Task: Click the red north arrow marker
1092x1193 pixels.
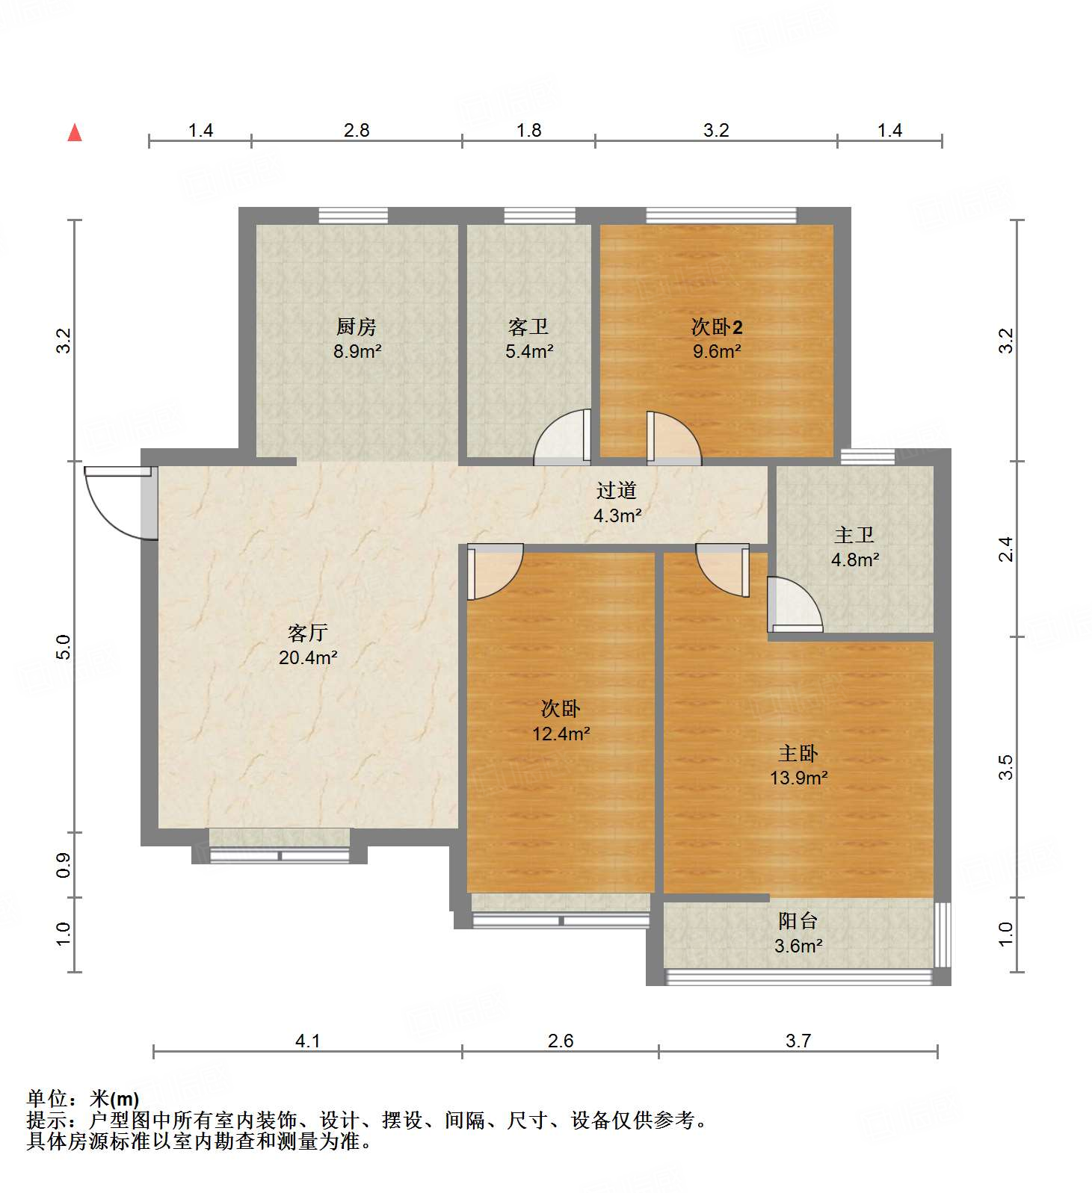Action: [x=75, y=133]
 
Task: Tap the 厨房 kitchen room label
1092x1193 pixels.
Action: [x=356, y=326]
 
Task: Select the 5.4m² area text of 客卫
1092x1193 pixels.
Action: [x=529, y=351]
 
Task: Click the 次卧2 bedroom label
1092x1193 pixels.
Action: [x=716, y=326]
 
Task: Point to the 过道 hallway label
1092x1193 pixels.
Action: [x=617, y=490]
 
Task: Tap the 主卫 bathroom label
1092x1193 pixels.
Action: [x=854, y=535]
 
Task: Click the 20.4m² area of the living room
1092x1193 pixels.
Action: [x=308, y=658]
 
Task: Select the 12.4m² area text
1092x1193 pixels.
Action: [x=561, y=734]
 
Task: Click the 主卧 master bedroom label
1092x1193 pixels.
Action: [x=798, y=753]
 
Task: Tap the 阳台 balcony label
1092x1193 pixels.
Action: [x=798, y=921]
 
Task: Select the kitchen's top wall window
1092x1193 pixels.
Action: [x=353, y=216]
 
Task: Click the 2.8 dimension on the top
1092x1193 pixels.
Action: [x=357, y=131]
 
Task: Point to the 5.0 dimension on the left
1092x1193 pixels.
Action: [x=64, y=646]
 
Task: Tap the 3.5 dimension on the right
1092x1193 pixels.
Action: [x=1006, y=767]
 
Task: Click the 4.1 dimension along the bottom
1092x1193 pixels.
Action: [x=308, y=1041]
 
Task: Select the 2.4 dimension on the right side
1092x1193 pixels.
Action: [x=1006, y=549]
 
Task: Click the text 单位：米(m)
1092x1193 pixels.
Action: [x=83, y=1098]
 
